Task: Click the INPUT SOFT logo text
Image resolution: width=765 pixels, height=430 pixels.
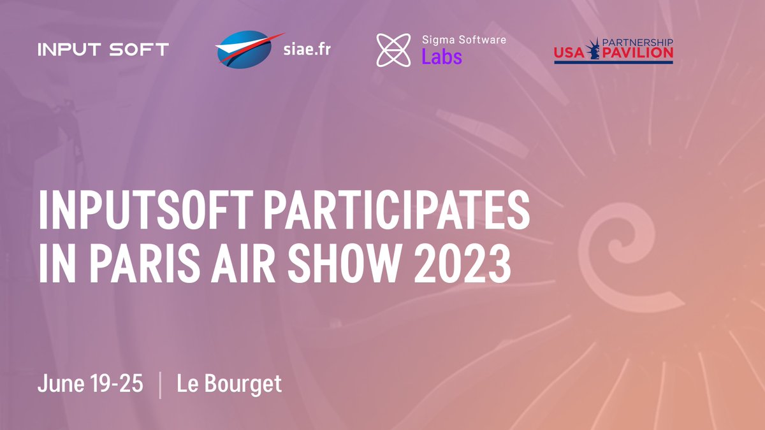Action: pyautogui.click(x=103, y=50)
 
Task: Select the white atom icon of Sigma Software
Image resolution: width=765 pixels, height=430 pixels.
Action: pyautogui.click(x=393, y=50)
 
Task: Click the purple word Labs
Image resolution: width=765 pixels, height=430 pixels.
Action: pyautogui.click(x=441, y=57)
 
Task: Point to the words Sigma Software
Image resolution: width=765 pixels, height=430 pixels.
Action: pyautogui.click(x=463, y=39)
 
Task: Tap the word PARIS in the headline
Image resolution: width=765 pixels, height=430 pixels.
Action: pyautogui.click(x=140, y=264)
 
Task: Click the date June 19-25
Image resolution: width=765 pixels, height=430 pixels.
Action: pyautogui.click(x=90, y=384)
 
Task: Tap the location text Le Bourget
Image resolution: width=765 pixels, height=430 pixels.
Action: pyautogui.click(x=229, y=384)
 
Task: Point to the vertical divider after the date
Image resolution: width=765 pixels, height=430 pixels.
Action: pyautogui.click(x=159, y=386)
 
